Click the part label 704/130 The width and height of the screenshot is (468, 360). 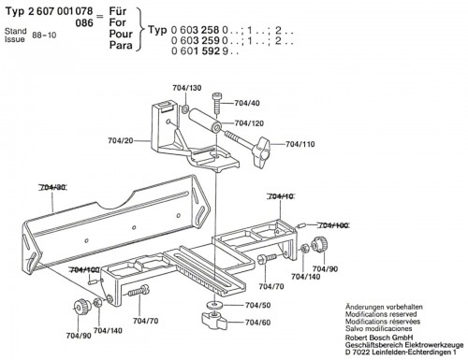tap(187, 88)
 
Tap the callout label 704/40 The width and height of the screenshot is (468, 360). tap(247, 103)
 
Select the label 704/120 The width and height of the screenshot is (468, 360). tap(249, 123)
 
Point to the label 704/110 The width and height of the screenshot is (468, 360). tap(300, 144)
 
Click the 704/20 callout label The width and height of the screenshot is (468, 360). tap(121, 140)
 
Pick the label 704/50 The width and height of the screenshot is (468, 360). tap(258, 305)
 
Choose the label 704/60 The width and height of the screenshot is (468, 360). tap(258, 323)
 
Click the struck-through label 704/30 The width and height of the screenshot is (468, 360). tap(52, 187)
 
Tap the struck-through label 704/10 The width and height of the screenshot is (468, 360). tap(281, 196)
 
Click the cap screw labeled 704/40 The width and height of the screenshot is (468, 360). tap(217, 103)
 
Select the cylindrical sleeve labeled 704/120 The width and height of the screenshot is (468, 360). tap(205, 120)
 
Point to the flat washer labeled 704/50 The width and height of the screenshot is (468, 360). tap(213, 305)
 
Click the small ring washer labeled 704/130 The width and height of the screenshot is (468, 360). tap(184, 108)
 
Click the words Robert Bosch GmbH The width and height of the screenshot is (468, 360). tap(379, 338)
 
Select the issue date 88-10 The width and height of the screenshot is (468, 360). tap(44, 35)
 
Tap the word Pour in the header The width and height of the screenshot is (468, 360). tap(121, 34)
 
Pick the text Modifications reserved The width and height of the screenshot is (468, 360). tap(381, 314)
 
